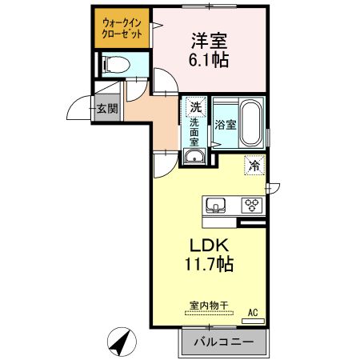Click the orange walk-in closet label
pos(122,30)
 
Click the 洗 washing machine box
pos(194,106)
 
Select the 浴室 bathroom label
pos(225,125)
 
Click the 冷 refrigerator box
pos(254,166)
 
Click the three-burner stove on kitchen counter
pos(253,205)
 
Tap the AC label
pos(253,312)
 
